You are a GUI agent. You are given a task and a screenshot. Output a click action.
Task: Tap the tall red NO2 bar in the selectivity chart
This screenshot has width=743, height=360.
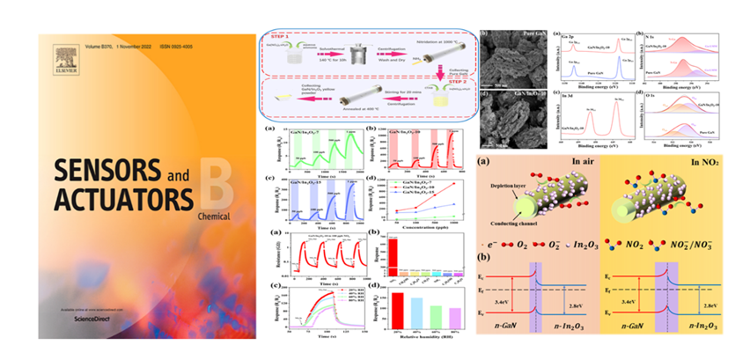394,256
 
